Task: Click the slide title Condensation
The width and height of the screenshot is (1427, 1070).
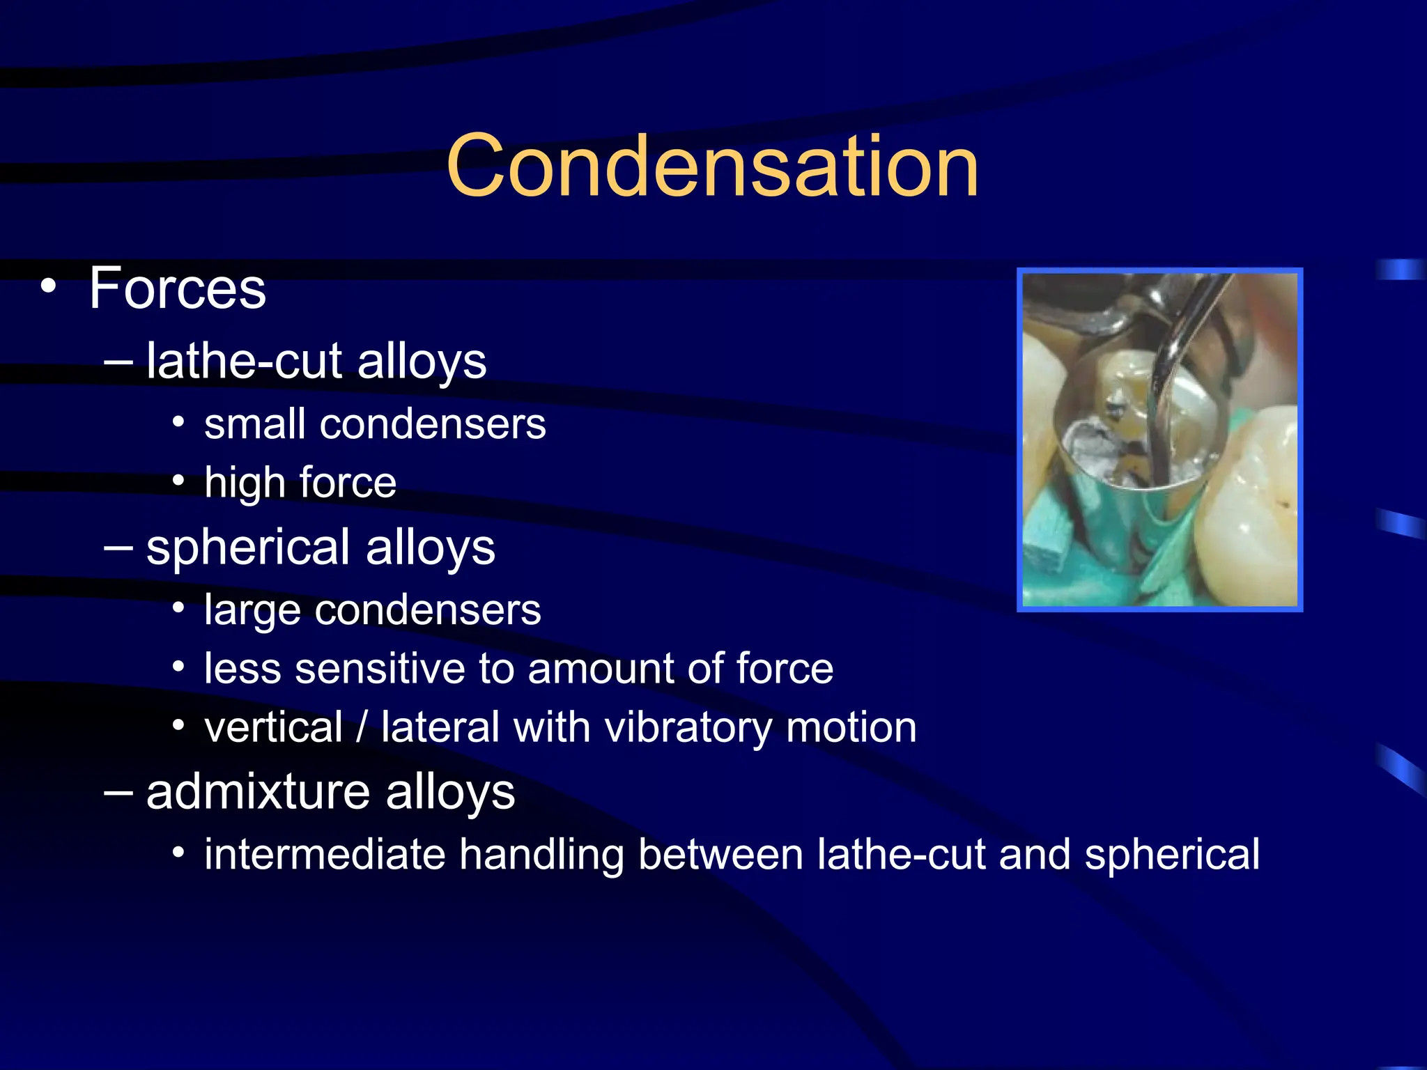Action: pyautogui.click(x=712, y=167)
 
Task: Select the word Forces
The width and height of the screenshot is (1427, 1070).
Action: pyautogui.click(x=178, y=288)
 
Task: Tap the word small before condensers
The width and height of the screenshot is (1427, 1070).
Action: pyautogui.click(x=255, y=424)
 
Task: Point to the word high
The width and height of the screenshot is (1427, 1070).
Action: pyautogui.click(x=245, y=483)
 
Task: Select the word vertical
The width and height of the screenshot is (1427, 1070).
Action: pyautogui.click(x=273, y=728)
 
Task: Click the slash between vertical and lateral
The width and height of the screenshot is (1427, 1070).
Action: pyautogui.click(x=361, y=728)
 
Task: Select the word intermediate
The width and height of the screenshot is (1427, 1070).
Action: pyautogui.click(x=325, y=855)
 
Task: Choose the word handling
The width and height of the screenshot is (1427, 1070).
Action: pyautogui.click(x=541, y=855)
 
